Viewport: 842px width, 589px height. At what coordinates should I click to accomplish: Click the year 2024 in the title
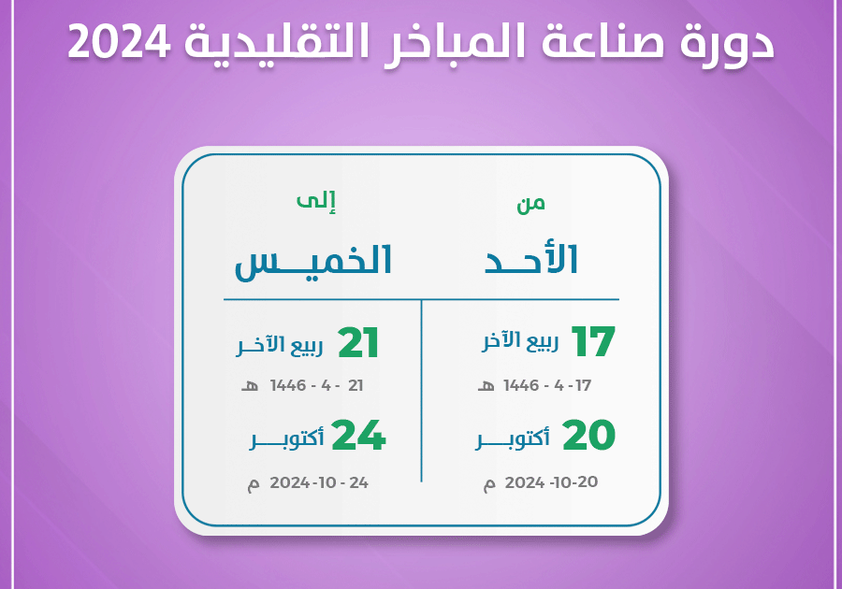pyautogui.click(x=119, y=42)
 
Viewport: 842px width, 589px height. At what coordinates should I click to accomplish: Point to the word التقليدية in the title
pyautogui.click(x=277, y=42)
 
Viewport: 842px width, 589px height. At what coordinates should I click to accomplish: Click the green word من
pyautogui.click(x=531, y=204)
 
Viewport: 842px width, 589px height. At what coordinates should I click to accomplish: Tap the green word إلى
pyautogui.click(x=316, y=202)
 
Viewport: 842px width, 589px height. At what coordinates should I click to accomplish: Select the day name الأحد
pyautogui.click(x=531, y=260)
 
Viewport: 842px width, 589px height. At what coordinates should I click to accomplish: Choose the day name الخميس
pyautogui.click(x=313, y=263)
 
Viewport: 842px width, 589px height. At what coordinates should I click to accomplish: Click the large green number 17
pyautogui.click(x=593, y=341)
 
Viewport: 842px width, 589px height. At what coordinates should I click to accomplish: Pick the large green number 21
pyautogui.click(x=358, y=343)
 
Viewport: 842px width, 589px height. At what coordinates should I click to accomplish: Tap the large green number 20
pyautogui.click(x=589, y=435)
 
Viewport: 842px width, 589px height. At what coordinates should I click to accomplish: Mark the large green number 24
pyautogui.click(x=358, y=435)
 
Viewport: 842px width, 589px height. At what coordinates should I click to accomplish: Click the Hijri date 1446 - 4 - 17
pyautogui.click(x=547, y=385)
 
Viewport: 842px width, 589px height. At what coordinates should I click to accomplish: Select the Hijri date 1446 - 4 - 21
pyautogui.click(x=317, y=385)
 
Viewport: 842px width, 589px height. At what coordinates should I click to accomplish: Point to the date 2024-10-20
pyautogui.click(x=551, y=482)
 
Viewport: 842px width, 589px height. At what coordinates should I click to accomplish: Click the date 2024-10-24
pyautogui.click(x=319, y=482)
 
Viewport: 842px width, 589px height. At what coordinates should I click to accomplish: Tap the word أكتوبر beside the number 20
pyautogui.click(x=513, y=439)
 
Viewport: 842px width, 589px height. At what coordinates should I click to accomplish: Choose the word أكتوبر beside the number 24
pyautogui.click(x=287, y=439)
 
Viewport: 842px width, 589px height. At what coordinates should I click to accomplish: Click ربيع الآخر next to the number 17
pyautogui.click(x=520, y=341)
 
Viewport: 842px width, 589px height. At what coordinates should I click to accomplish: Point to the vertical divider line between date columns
pyautogui.click(x=422, y=391)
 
